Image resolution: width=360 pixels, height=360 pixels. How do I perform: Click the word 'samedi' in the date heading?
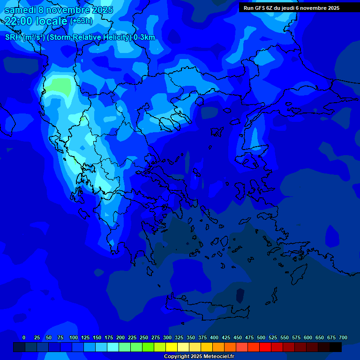[20, 10]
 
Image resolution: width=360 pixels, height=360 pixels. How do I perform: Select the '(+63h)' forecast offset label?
[81, 21]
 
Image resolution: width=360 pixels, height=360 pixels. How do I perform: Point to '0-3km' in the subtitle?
[144, 37]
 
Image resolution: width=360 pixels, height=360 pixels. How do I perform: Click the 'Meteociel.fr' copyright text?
[216, 357]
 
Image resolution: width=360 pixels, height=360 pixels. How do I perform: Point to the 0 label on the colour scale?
[24, 337]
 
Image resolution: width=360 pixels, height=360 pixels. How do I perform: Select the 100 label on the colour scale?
[74, 337]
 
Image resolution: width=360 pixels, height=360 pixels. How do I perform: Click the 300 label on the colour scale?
[167, 337]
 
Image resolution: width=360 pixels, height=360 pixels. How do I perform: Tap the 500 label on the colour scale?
[261, 337]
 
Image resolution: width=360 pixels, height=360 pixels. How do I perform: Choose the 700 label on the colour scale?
[343, 337]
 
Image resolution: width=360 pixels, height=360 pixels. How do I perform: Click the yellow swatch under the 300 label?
[172, 347]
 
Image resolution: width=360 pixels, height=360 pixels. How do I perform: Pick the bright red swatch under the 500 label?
[265, 347]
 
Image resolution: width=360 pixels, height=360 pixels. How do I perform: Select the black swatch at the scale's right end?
[336, 347]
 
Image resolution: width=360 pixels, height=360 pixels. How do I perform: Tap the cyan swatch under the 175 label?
[113, 347]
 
